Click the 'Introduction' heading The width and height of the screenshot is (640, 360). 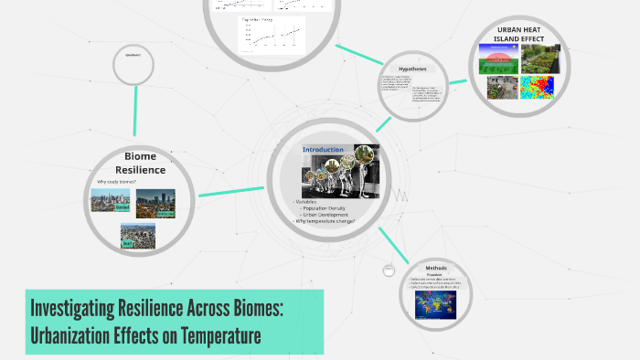click(323, 150)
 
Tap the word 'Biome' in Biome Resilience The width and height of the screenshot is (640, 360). click(140, 156)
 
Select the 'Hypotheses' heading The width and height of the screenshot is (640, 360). click(412, 69)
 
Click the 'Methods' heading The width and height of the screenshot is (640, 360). click(436, 268)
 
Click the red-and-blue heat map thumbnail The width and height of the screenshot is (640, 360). click(538, 88)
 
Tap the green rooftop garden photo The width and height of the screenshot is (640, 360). click(538, 58)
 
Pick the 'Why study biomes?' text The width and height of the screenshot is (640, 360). click(116, 181)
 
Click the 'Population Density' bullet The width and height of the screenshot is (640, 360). click(327, 208)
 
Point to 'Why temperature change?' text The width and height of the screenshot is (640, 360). click(324, 221)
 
